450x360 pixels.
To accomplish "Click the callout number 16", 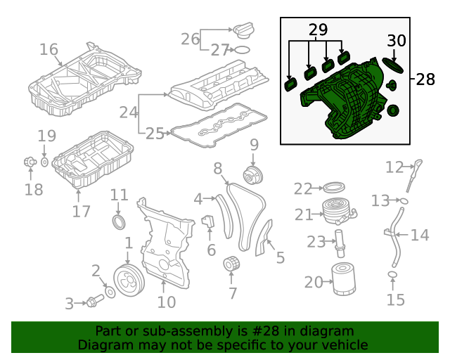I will [x=49, y=49].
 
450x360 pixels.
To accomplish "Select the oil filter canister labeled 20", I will [x=344, y=281].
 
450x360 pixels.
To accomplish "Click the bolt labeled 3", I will [x=93, y=302].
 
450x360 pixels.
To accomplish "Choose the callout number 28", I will [x=425, y=79].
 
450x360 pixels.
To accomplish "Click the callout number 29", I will [x=318, y=30].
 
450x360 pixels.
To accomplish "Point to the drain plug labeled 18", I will [x=30, y=163].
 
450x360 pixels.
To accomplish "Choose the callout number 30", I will [x=397, y=41].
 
